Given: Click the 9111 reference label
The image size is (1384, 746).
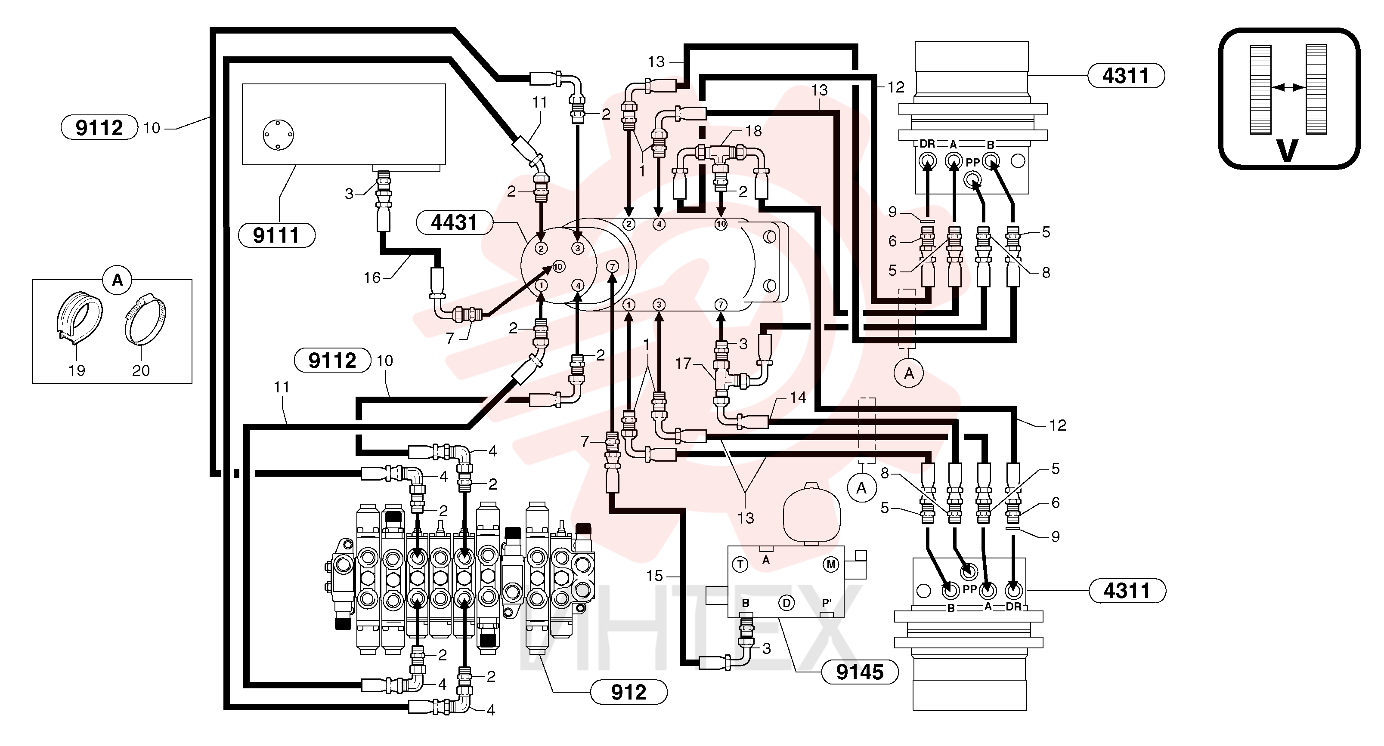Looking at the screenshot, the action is (276, 235).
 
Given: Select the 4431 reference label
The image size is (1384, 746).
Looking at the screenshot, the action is (455, 222).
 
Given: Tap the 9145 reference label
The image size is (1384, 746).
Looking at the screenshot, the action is (860, 672).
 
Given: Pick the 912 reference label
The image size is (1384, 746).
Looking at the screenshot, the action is (629, 692).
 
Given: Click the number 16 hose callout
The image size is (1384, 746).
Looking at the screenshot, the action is (372, 277).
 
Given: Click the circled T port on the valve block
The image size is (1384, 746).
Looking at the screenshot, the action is (740, 564).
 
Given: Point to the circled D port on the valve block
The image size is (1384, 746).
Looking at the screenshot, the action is (786, 603).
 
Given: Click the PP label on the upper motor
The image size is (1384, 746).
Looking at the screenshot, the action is (972, 163).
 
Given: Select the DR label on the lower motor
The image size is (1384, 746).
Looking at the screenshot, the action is (1013, 607).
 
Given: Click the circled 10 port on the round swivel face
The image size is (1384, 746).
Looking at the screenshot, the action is (559, 266).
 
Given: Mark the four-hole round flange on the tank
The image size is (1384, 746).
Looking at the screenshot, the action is (278, 135).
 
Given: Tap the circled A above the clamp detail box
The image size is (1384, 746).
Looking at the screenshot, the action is (117, 280).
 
